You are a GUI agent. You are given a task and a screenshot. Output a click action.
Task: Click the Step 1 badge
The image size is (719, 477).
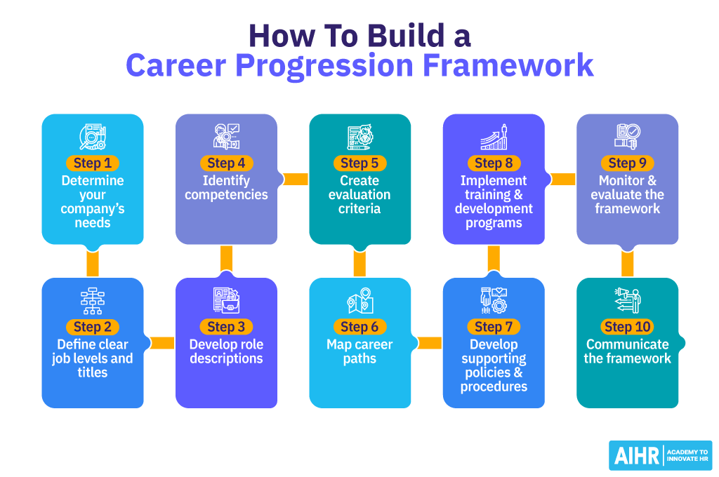(93, 163)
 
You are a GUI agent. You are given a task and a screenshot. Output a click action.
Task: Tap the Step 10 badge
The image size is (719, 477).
(628, 327)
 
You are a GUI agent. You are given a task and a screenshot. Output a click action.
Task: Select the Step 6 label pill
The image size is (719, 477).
(359, 327)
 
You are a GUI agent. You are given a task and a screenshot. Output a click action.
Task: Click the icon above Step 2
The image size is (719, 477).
(93, 301)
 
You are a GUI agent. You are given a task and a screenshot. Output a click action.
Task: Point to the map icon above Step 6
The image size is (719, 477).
(360, 301)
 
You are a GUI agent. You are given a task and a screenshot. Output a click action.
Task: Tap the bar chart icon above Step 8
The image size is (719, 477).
(494, 137)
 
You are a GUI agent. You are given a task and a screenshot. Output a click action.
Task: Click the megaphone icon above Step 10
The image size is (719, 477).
(627, 301)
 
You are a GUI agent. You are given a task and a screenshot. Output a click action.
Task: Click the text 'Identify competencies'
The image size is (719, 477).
(226, 187)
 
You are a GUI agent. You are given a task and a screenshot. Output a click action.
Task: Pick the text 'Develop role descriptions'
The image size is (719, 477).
(226, 351)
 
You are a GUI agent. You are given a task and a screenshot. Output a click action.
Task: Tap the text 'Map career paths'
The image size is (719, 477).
(359, 351)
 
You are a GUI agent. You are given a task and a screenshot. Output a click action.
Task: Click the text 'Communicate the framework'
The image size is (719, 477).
(628, 351)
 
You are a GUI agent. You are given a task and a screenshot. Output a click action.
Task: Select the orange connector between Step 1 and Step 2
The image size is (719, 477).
(93, 262)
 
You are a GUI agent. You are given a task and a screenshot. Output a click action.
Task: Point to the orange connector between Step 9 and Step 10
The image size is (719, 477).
(628, 262)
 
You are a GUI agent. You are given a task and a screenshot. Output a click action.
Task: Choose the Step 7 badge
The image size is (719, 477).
(494, 327)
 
